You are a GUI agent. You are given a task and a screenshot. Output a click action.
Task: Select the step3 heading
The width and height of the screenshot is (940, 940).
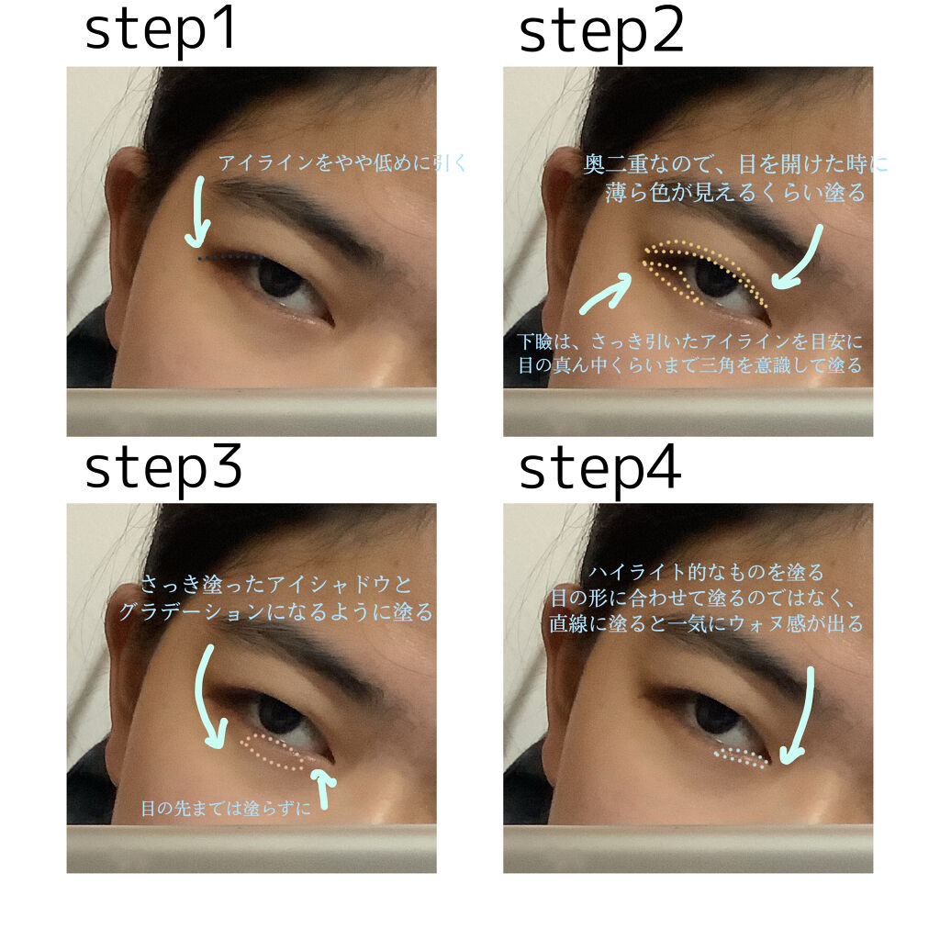[x=162, y=468]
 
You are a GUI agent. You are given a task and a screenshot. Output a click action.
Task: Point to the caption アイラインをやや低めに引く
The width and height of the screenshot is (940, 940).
[x=343, y=163]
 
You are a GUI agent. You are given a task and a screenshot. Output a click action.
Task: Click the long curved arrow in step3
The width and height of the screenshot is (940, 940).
[x=209, y=698]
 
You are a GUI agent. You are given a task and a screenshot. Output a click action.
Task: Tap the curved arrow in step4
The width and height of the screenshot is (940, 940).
[x=800, y=716]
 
